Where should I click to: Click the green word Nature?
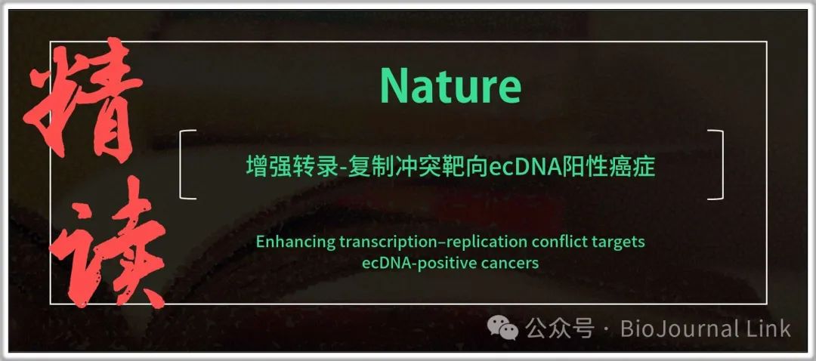pos(450,86)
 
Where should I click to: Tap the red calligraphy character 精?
pos(83,101)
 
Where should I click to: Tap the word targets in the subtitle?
pos(620,243)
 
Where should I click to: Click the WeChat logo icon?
pos(502,329)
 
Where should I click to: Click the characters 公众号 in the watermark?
pos(559,329)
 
